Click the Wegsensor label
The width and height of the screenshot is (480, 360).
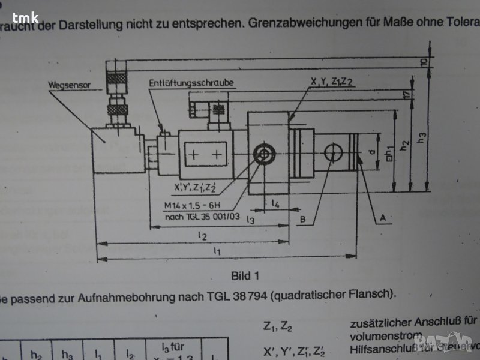pos(70,85)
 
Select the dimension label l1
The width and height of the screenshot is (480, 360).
pos(217,253)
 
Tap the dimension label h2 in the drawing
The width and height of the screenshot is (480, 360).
pos(406,144)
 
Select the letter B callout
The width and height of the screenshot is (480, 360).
pos(304,220)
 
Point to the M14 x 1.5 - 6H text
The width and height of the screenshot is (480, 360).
pos(190,205)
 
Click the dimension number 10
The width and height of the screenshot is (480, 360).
pos(423,62)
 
